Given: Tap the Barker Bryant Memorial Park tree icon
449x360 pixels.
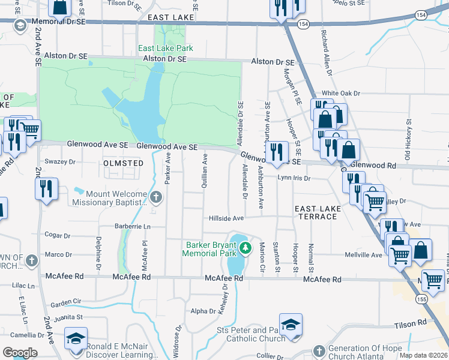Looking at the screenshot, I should [x=244, y=247].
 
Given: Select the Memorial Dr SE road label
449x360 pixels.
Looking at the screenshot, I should [x=60, y=21].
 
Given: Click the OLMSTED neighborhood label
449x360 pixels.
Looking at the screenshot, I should [x=124, y=163].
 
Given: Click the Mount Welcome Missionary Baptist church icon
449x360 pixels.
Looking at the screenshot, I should [x=156, y=197].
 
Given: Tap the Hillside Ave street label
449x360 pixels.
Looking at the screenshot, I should [x=226, y=218].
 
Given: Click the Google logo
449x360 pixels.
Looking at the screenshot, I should [x=20, y=353].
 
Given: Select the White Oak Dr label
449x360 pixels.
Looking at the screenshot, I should [x=340, y=94].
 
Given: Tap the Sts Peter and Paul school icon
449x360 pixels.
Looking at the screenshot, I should [x=291, y=325].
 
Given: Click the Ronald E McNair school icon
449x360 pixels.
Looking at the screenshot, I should [x=76, y=338].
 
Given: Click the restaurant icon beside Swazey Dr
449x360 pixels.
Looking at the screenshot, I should [x=46, y=188].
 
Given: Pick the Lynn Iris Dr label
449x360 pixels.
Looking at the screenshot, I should [x=294, y=178].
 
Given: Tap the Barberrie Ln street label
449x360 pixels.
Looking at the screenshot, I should [x=132, y=227].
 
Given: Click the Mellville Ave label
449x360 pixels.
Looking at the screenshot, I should [x=364, y=255].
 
